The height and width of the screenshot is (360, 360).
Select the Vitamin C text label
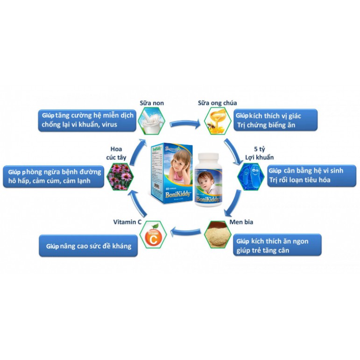[128, 222]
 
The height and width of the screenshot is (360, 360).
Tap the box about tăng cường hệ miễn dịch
[87, 120]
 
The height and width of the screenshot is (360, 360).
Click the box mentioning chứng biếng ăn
[275, 120]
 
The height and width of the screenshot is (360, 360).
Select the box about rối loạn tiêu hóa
[309, 176]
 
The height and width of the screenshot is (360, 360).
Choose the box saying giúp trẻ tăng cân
[277, 245]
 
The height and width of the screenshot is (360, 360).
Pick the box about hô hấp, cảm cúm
[52, 176]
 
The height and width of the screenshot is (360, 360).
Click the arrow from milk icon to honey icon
[184, 124]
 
